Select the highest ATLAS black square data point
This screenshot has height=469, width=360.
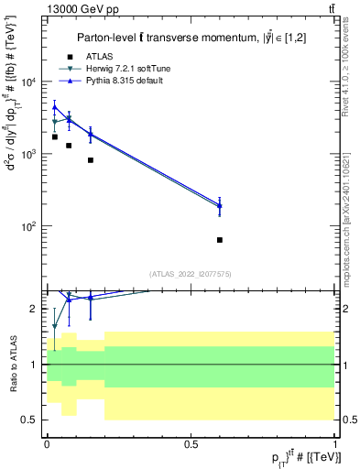click(55, 136)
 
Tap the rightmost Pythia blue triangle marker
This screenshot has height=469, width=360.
click(220, 206)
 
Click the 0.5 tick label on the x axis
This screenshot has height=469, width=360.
click(191, 443)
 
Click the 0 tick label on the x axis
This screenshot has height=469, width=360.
click(47, 443)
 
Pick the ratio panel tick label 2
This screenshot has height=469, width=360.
click(35, 309)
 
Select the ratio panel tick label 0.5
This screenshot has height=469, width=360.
click(31, 420)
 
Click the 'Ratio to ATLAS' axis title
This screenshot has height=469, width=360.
click(12, 364)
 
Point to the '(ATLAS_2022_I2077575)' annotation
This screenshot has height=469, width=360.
click(191, 273)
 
